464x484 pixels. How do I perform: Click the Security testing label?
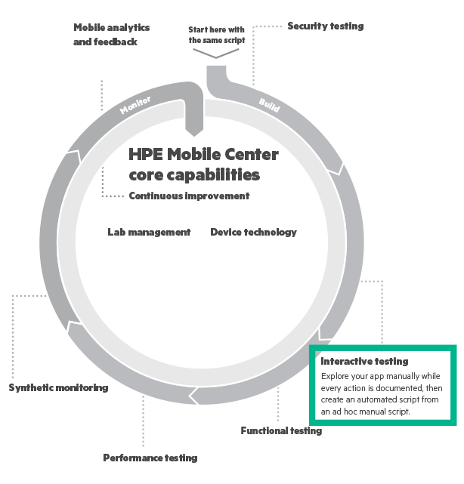tap(325, 26)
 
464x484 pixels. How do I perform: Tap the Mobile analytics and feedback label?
tap(111, 35)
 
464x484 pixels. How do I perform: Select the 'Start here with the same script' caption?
tap(216, 34)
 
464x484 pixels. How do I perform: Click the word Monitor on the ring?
tap(135, 104)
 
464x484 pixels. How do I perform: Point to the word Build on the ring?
tap(268, 105)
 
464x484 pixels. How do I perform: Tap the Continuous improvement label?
tap(189, 196)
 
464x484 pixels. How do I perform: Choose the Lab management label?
tap(149, 233)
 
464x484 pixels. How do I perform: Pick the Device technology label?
tap(253, 233)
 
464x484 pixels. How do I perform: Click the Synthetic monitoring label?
tap(58, 388)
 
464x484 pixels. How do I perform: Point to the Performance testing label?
tap(150, 458)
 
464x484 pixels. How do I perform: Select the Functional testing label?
tap(281, 431)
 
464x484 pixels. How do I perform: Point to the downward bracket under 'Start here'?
tap(216, 54)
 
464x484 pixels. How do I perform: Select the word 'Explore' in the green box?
tap(335, 375)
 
